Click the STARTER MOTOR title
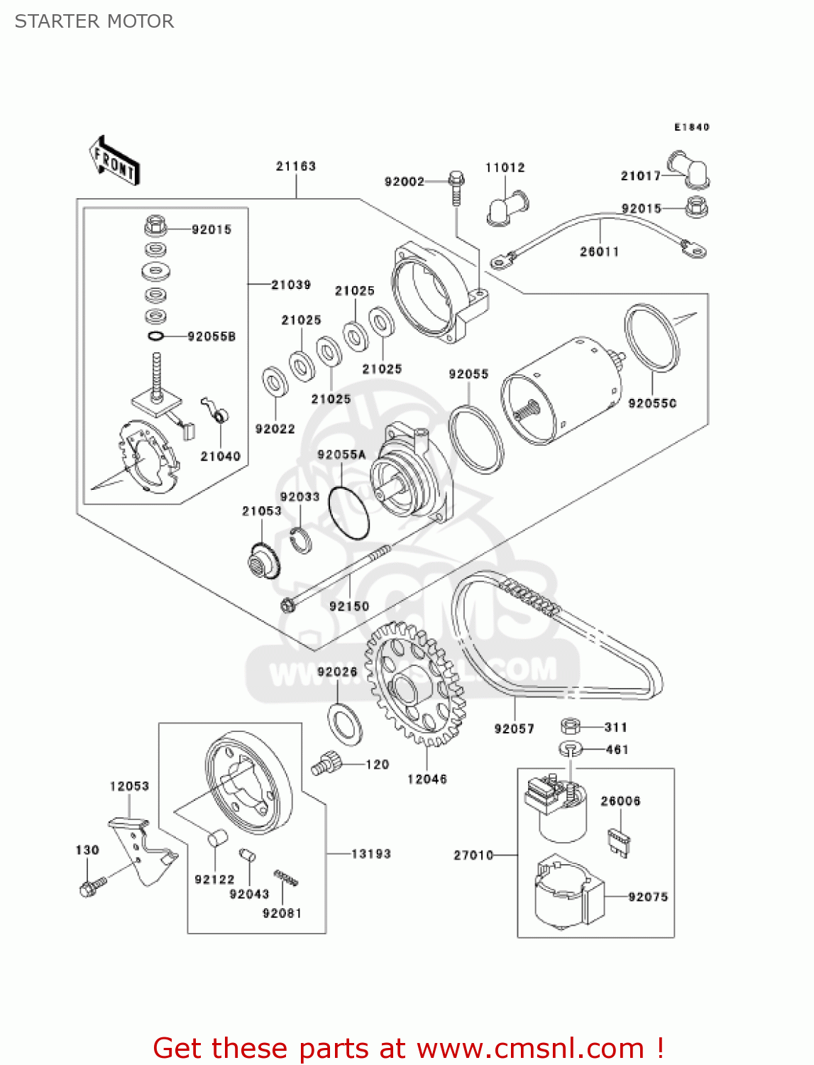(94, 21)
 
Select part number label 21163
(296, 166)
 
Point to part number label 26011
(600, 251)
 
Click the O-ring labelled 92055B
(157, 336)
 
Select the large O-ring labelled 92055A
(349, 511)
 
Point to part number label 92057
(515, 728)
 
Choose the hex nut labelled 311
(571, 726)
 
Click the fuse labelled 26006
(620, 841)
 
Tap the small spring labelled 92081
(285, 878)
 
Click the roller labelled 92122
(216, 837)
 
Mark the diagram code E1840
(691, 127)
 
